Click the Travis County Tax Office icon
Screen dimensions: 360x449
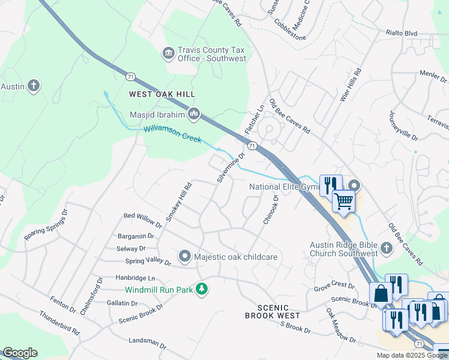(x=169, y=54)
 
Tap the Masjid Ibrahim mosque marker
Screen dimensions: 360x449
(x=193, y=113)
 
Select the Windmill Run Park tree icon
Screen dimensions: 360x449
(x=203, y=290)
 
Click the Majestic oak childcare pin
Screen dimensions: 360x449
(x=185, y=257)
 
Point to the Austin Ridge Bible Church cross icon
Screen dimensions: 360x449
(x=385, y=248)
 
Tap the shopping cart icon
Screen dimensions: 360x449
(x=343, y=201)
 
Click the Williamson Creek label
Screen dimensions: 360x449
(x=172, y=134)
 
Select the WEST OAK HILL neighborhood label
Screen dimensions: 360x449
(x=162, y=94)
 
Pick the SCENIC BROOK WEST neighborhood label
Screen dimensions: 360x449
(x=273, y=311)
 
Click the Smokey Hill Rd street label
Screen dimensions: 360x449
(x=178, y=202)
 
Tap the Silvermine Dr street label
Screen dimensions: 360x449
(x=231, y=168)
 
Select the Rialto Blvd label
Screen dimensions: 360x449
(x=402, y=33)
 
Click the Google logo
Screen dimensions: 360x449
(x=20, y=353)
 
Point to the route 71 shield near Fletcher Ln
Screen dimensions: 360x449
(x=252, y=146)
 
